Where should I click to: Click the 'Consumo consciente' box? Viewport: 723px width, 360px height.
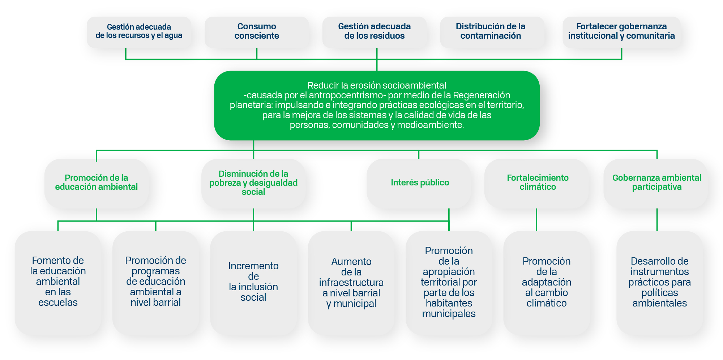(257, 31)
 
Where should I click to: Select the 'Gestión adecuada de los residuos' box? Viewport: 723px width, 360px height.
(374, 31)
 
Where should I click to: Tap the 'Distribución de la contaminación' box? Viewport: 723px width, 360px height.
(491, 31)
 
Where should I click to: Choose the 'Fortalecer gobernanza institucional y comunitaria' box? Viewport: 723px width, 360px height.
(621, 31)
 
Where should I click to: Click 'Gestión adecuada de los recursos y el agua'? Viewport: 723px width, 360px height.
(139, 31)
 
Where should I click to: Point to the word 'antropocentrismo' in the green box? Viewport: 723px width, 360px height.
(346, 95)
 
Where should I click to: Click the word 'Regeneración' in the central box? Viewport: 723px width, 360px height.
(482, 95)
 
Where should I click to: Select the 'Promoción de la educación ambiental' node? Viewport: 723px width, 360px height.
(97, 183)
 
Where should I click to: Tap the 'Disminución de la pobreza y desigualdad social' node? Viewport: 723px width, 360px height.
(253, 183)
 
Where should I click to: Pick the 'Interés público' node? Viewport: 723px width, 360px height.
(419, 183)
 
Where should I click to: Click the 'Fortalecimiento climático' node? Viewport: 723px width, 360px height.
(537, 183)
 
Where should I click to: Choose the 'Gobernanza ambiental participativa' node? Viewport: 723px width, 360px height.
(656, 183)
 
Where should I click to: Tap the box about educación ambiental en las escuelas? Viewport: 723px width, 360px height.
(58, 282)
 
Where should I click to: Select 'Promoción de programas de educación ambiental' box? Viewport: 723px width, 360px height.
(155, 282)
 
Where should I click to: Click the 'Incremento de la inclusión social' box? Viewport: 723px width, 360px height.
(253, 282)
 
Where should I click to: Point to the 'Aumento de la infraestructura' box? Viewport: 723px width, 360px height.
(351, 282)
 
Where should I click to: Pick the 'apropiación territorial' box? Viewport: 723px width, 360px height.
(449, 282)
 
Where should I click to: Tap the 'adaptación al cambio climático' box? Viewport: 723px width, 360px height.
(546, 282)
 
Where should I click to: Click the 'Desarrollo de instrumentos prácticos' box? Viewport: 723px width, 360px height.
(659, 282)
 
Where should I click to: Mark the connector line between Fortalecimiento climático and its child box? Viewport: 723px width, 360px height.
(536, 220)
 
